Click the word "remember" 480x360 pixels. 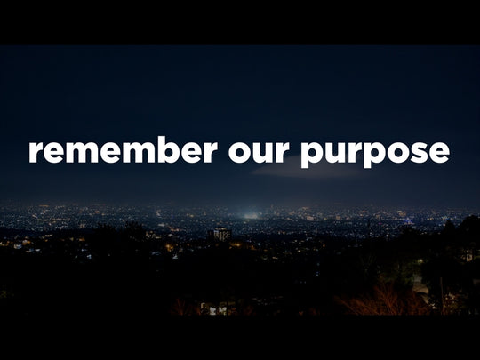(123, 150)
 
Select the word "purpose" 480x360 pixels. (374, 153)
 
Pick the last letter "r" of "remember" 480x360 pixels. (211, 152)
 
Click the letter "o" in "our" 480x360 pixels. (239, 152)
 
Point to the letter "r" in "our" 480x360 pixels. (282, 152)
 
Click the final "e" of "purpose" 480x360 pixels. (437, 152)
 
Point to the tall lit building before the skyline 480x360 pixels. (221, 234)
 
